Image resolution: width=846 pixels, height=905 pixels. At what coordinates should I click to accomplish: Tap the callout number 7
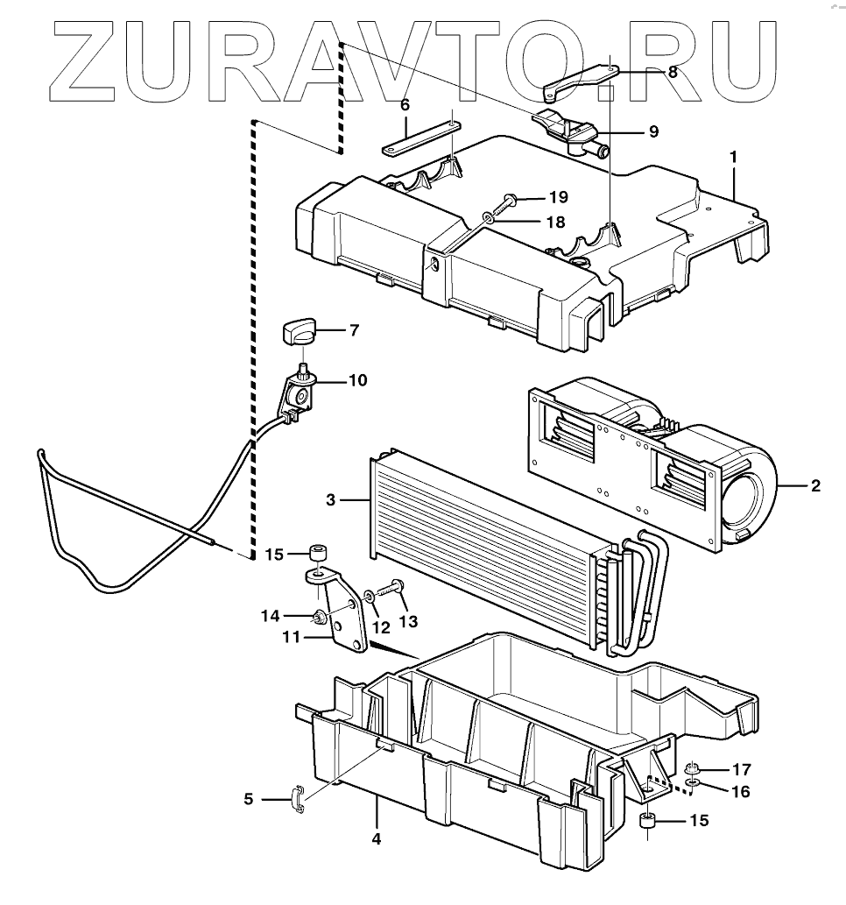click(354, 331)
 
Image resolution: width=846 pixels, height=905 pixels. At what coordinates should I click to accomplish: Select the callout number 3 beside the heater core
click(331, 500)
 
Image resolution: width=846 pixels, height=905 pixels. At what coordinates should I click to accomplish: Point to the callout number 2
click(815, 484)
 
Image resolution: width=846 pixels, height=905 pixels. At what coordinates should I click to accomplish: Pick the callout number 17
click(742, 770)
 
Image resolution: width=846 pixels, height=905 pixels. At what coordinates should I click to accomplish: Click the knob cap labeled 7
click(298, 333)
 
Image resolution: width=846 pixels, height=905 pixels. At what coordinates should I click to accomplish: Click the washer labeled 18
click(489, 218)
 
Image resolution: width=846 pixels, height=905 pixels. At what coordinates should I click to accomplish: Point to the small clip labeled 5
click(297, 798)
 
